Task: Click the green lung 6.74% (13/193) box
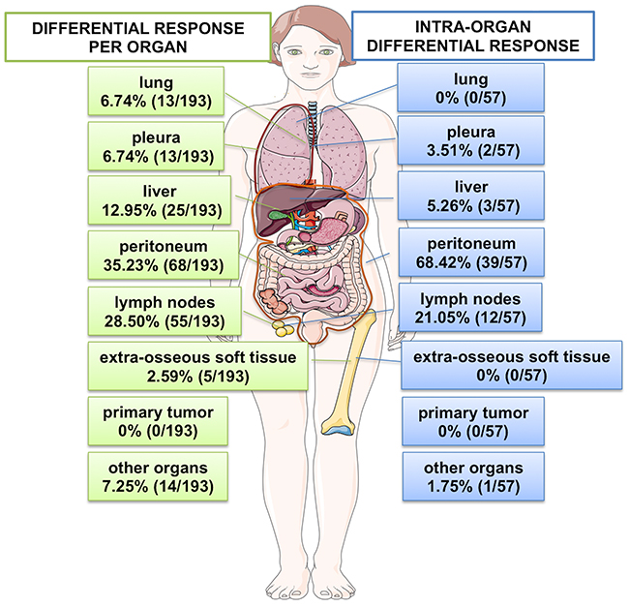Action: (156, 89)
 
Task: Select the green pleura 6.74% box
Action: (156, 144)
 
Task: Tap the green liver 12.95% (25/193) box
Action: (156, 198)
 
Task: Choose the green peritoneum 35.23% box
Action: (156, 254)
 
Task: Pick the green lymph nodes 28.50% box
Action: (156, 309)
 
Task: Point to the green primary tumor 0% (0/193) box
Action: (156, 419)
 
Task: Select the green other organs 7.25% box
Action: (156, 473)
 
